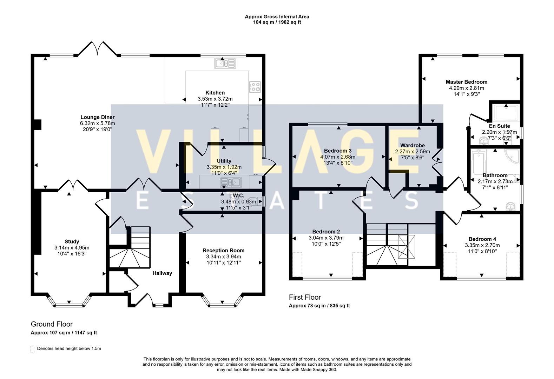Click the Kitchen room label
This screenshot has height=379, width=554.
(215, 93)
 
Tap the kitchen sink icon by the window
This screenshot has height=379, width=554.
(225, 64)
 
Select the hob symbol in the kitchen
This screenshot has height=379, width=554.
(255, 87)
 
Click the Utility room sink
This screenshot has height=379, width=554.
(230, 182)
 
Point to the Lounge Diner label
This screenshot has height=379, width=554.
(97, 117)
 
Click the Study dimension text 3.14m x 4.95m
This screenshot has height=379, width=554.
(72, 247)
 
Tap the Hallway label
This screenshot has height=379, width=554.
(162, 273)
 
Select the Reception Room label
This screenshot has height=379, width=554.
(223, 251)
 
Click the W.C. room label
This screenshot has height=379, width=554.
(238, 196)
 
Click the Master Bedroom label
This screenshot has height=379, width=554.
(466, 82)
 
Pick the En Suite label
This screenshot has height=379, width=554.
(499, 126)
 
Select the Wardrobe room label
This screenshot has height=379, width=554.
(412, 145)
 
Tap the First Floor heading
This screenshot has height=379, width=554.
(305, 297)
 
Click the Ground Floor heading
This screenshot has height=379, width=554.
(52, 324)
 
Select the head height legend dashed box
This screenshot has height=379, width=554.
(33, 349)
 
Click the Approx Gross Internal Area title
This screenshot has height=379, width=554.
(277, 16)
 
